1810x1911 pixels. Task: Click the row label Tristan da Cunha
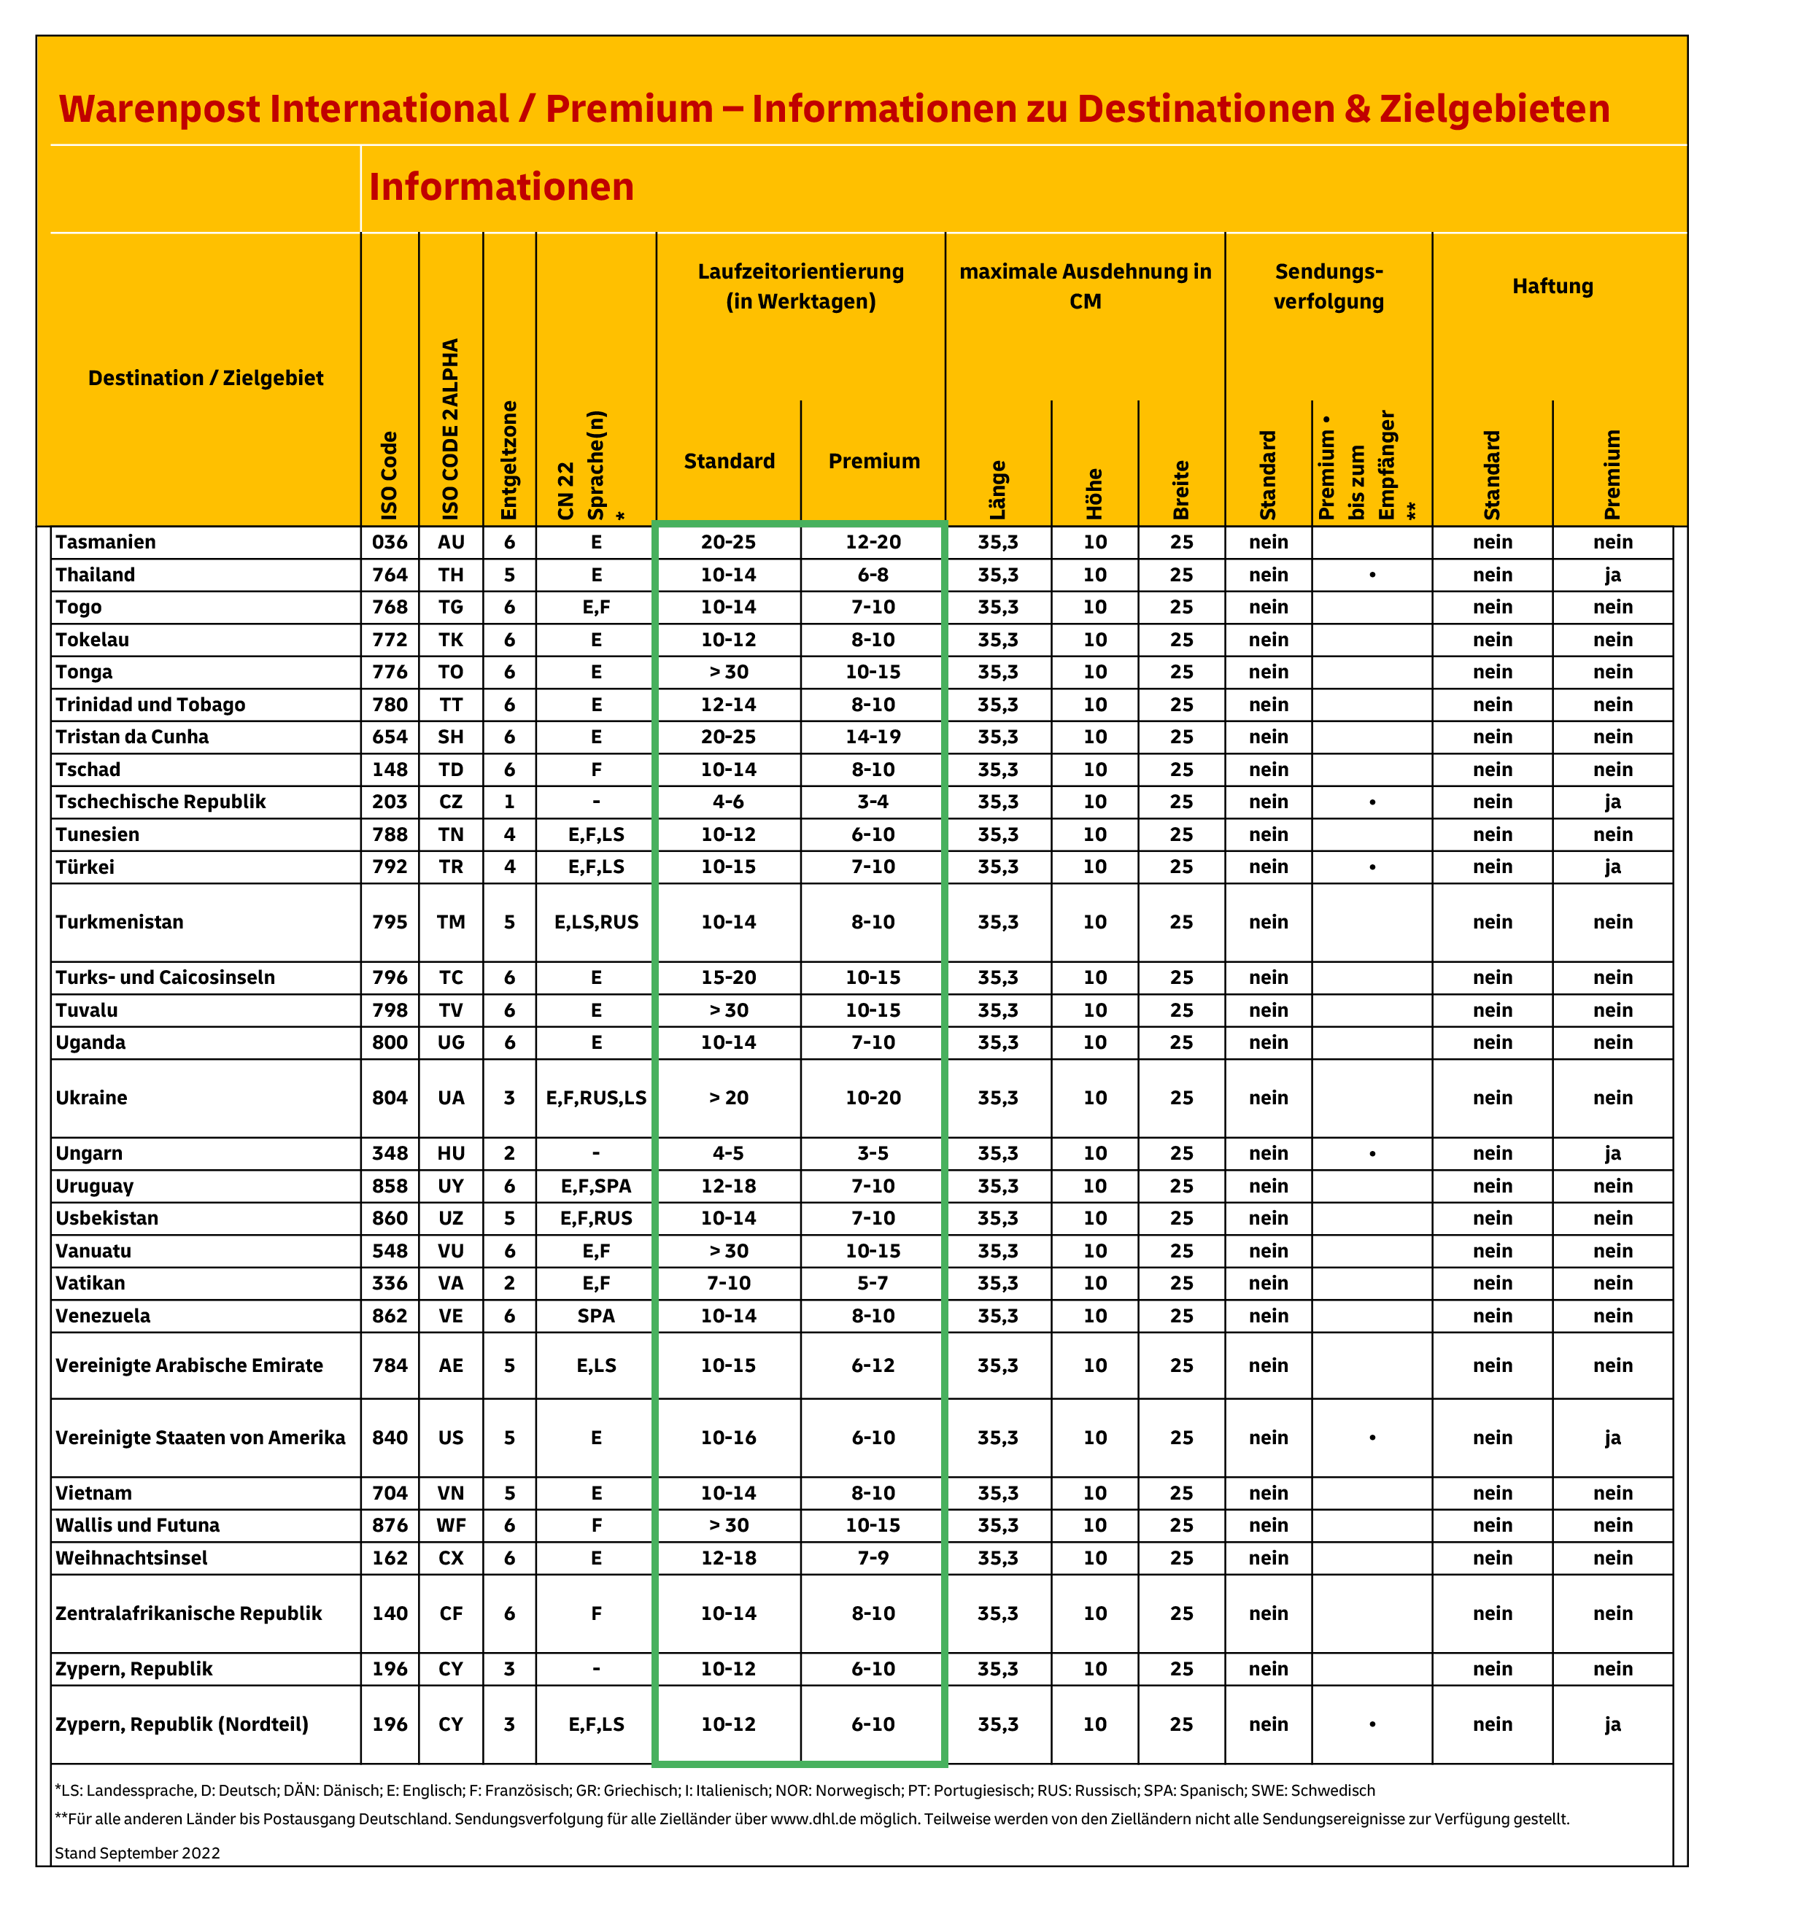[132, 737]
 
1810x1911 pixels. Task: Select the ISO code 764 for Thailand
[390, 575]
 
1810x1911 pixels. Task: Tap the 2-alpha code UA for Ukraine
[451, 1098]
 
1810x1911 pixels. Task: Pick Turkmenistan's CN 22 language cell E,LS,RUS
[596, 922]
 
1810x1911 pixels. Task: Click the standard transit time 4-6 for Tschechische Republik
[728, 802]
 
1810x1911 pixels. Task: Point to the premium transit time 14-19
[873, 737]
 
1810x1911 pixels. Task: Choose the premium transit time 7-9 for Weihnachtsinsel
[873, 1558]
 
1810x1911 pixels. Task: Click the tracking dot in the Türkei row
[1372, 867]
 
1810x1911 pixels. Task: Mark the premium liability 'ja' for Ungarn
[1612, 1154]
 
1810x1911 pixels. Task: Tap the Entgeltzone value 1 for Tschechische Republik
[509, 802]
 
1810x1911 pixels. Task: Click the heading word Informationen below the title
[500, 187]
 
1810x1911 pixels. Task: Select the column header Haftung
[1552, 287]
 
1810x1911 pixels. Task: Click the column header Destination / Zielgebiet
[206, 378]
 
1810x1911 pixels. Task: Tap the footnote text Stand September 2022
[137, 1853]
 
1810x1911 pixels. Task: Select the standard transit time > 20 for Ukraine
[728, 1098]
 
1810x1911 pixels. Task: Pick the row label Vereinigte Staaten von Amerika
[200, 1438]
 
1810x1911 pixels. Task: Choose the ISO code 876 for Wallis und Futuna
[390, 1525]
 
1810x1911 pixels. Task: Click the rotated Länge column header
[997, 490]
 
